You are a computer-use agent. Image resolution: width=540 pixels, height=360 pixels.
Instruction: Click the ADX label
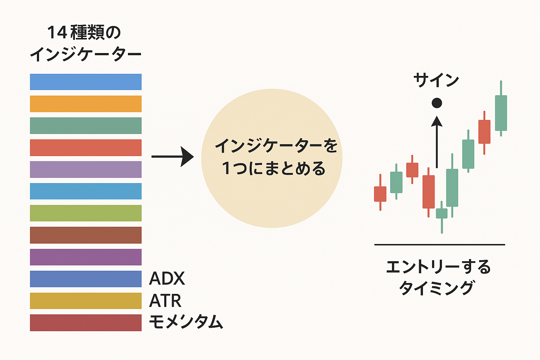167,278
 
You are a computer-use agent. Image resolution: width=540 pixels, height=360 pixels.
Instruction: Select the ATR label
165,301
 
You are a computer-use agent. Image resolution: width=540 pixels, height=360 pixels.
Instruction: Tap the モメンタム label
186,322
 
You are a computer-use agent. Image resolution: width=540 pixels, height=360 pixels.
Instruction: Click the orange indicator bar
86,104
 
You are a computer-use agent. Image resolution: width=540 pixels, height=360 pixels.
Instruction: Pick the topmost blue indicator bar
86,82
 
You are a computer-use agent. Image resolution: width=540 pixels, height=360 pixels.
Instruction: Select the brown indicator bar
86,235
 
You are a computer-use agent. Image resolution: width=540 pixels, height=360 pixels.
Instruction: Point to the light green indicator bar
86,213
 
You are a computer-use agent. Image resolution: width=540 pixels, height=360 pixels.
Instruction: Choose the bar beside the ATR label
86,301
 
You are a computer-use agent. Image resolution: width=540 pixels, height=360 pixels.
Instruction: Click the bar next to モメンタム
86,323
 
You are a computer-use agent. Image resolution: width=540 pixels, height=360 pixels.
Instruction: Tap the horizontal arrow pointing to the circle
173,157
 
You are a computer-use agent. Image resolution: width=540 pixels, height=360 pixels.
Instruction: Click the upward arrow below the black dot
437,142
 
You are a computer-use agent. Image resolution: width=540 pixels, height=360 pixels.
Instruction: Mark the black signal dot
437,103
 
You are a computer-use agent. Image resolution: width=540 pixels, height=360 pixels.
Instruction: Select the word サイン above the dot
436,80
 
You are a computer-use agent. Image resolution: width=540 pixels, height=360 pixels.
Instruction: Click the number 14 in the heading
57,33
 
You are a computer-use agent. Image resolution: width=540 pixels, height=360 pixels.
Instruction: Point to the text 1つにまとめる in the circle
274,168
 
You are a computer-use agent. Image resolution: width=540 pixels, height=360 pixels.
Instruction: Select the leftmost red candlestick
380,192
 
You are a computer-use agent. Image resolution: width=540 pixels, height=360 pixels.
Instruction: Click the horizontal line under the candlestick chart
440,245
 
